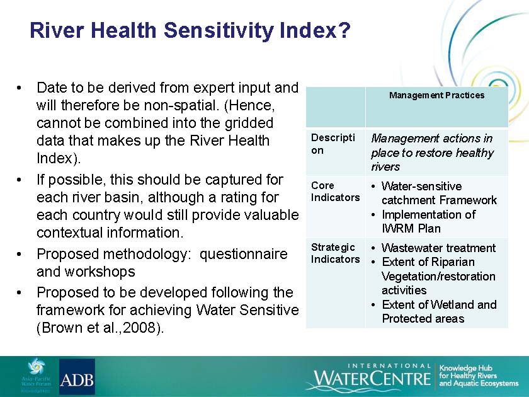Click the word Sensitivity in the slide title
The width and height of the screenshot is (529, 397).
(x=219, y=31)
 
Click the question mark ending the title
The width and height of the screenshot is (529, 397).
(x=343, y=30)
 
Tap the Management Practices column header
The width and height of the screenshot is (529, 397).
(x=436, y=95)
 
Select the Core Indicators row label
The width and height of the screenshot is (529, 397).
(x=335, y=192)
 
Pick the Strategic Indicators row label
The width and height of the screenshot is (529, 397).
(x=335, y=253)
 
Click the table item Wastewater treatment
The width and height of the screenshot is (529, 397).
(x=438, y=248)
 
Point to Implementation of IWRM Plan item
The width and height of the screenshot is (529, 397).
(x=428, y=221)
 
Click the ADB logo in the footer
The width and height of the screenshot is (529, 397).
(x=77, y=376)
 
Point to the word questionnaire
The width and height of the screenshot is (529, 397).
(x=243, y=254)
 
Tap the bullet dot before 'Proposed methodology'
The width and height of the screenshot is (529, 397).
(x=19, y=255)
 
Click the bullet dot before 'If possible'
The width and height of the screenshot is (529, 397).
(x=19, y=180)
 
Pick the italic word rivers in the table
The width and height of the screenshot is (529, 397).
(x=385, y=167)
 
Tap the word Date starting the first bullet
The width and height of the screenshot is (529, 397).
(x=51, y=88)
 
